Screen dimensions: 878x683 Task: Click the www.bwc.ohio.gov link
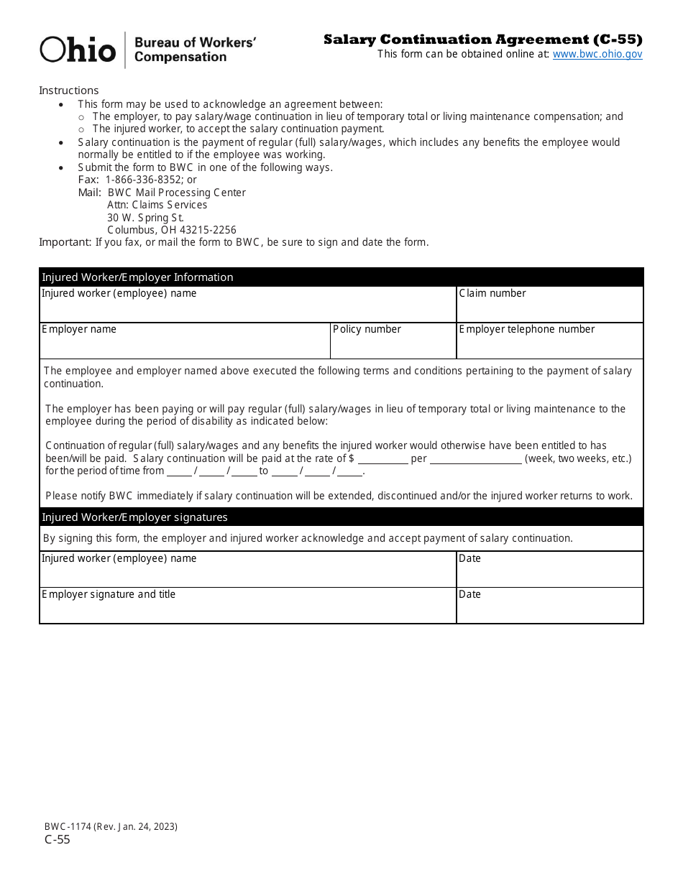597,54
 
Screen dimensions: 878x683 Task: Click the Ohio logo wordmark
78,50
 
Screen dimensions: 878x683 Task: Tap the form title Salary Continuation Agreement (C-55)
482,40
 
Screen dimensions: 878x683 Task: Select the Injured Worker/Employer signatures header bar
341,517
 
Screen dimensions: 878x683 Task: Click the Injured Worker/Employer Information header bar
341,277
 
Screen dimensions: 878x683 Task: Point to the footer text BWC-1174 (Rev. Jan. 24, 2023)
111,826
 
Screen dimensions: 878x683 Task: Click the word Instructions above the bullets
68,91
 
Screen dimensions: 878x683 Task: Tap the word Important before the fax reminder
65,242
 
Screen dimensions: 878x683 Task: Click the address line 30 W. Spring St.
145,218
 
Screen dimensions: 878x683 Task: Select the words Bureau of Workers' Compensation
194,50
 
